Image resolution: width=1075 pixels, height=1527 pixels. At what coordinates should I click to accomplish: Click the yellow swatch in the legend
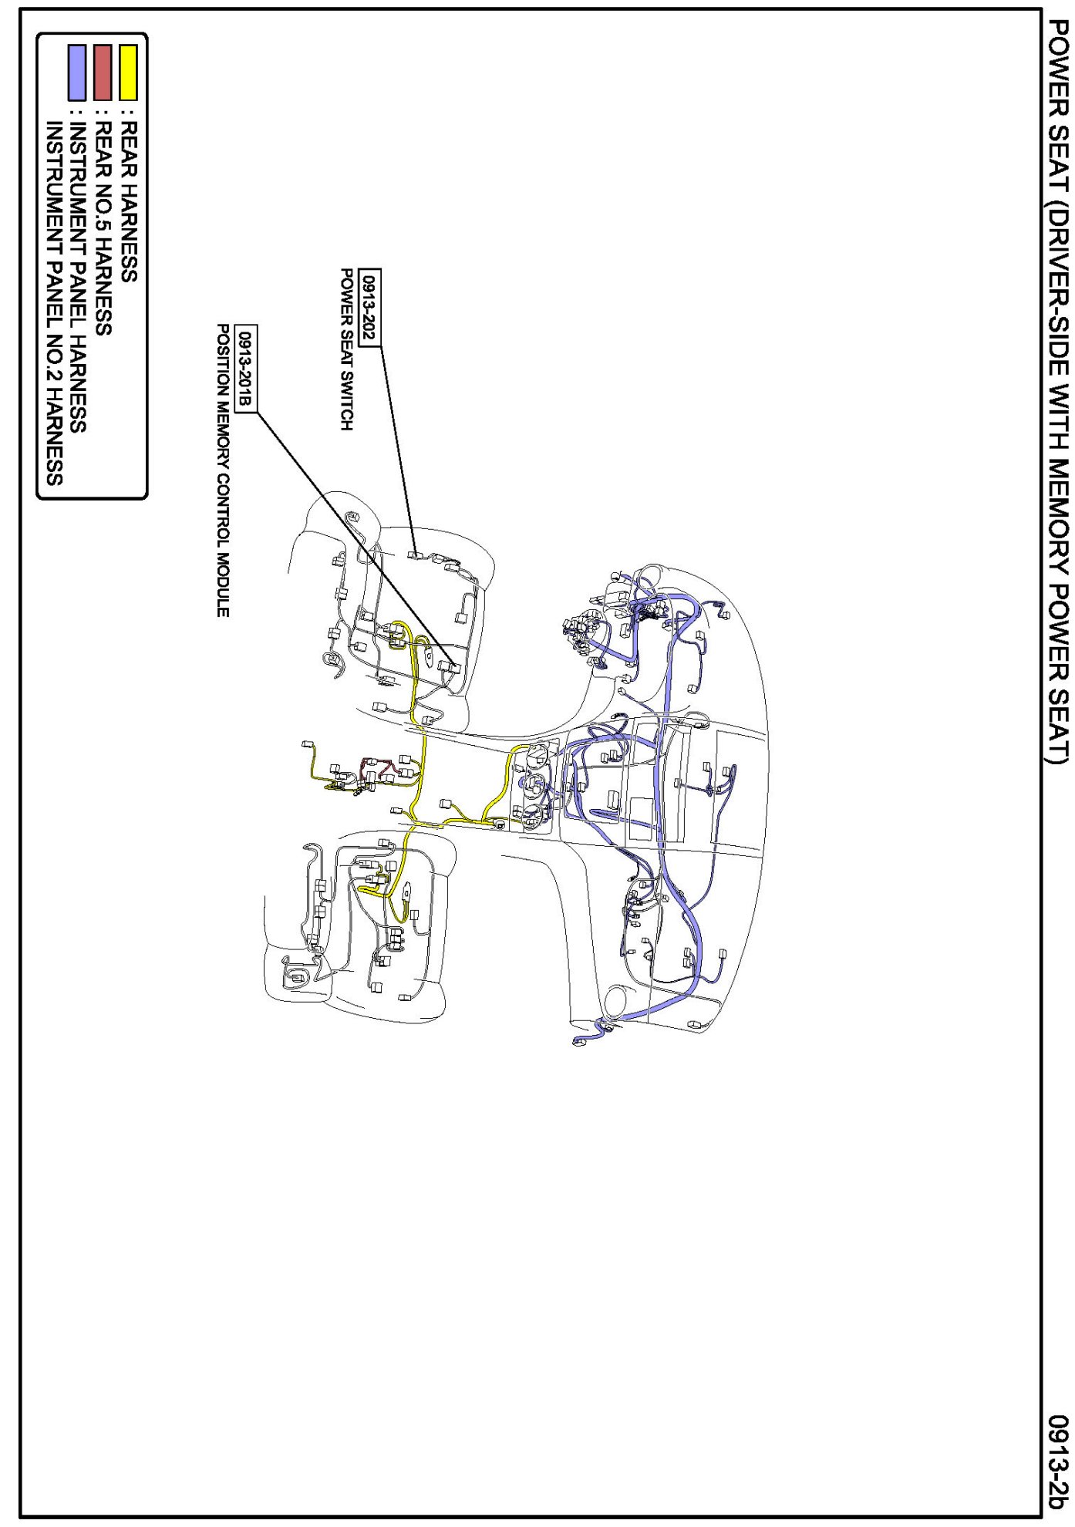point(128,72)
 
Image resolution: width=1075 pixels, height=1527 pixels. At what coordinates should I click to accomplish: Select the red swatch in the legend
point(103,72)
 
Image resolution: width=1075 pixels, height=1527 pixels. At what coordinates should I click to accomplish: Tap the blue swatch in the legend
point(77,72)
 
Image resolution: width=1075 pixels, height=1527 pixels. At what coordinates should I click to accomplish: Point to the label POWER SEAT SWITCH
point(347,349)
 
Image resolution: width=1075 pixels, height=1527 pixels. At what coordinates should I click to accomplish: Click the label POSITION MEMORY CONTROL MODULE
point(223,470)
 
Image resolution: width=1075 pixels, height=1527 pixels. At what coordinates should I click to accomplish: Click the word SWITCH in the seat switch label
point(347,402)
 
